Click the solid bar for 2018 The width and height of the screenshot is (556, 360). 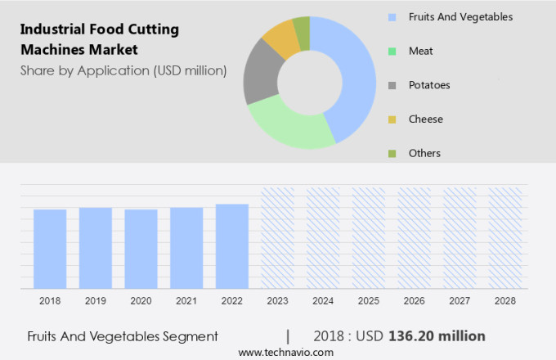click(50, 249)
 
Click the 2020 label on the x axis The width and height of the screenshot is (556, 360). click(141, 301)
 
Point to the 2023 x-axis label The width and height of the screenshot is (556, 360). click(277, 301)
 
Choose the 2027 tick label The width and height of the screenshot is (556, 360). click(460, 301)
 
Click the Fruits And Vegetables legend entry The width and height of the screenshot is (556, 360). click(460, 16)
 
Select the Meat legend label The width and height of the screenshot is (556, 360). click(421, 51)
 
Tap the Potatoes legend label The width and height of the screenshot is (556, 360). click(429, 85)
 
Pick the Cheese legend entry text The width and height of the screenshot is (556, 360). click(426, 119)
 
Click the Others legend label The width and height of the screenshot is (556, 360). click(424, 153)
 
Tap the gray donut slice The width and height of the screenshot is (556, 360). click(261, 74)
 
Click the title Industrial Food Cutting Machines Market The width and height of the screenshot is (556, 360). click(100, 39)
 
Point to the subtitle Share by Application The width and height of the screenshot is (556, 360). click(123, 70)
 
